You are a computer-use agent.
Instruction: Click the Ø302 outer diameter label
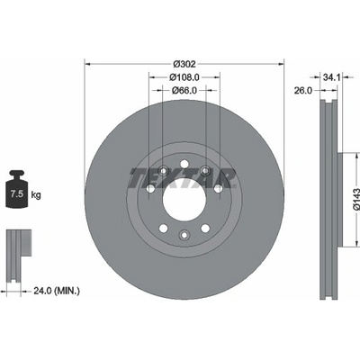[x=184, y=64]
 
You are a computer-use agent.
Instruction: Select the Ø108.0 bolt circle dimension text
[x=184, y=77]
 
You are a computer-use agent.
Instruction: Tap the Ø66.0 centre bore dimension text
[x=184, y=90]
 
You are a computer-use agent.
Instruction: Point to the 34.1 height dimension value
[x=331, y=77]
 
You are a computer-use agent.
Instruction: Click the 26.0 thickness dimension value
[x=303, y=90]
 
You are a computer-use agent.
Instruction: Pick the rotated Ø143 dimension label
[x=355, y=200]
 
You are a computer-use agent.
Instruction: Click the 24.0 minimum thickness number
[x=42, y=291]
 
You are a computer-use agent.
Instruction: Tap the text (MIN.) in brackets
[x=67, y=291]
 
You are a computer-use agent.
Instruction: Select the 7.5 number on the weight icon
[x=17, y=193]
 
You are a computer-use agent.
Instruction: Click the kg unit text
[x=36, y=195]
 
